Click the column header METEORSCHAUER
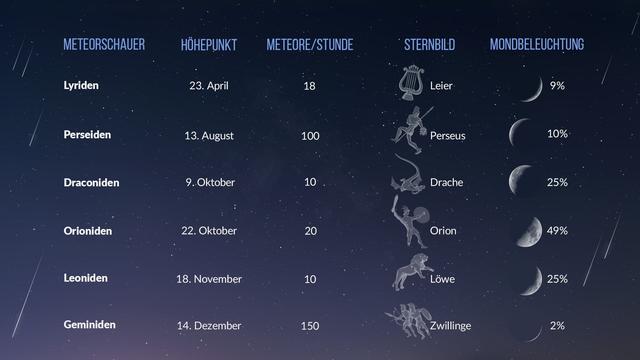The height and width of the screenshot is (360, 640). (x=104, y=45)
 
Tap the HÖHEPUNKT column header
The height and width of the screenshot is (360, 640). (x=209, y=45)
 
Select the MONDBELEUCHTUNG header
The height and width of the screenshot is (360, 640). (x=537, y=45)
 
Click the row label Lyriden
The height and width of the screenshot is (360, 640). (x=81, y=86)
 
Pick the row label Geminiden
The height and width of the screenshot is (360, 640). (x=89, y=325)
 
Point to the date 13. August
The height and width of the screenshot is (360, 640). (x=210, y=134)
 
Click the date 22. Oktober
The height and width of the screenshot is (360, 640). (x=210, y=230)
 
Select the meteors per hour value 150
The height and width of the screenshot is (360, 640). (x=310, y=325)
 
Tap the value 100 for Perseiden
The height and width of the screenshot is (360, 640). (x=310, y=134)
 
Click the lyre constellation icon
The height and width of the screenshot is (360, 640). (x=410, y=83)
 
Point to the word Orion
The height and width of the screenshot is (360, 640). (x=443, y=230)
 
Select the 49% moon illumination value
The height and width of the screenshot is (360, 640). (x=557, y=230)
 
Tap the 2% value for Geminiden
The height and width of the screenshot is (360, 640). (x=557, y=325)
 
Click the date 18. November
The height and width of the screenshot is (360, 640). (x=210, y=278)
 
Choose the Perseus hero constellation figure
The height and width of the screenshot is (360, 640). (x=410, y=131)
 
